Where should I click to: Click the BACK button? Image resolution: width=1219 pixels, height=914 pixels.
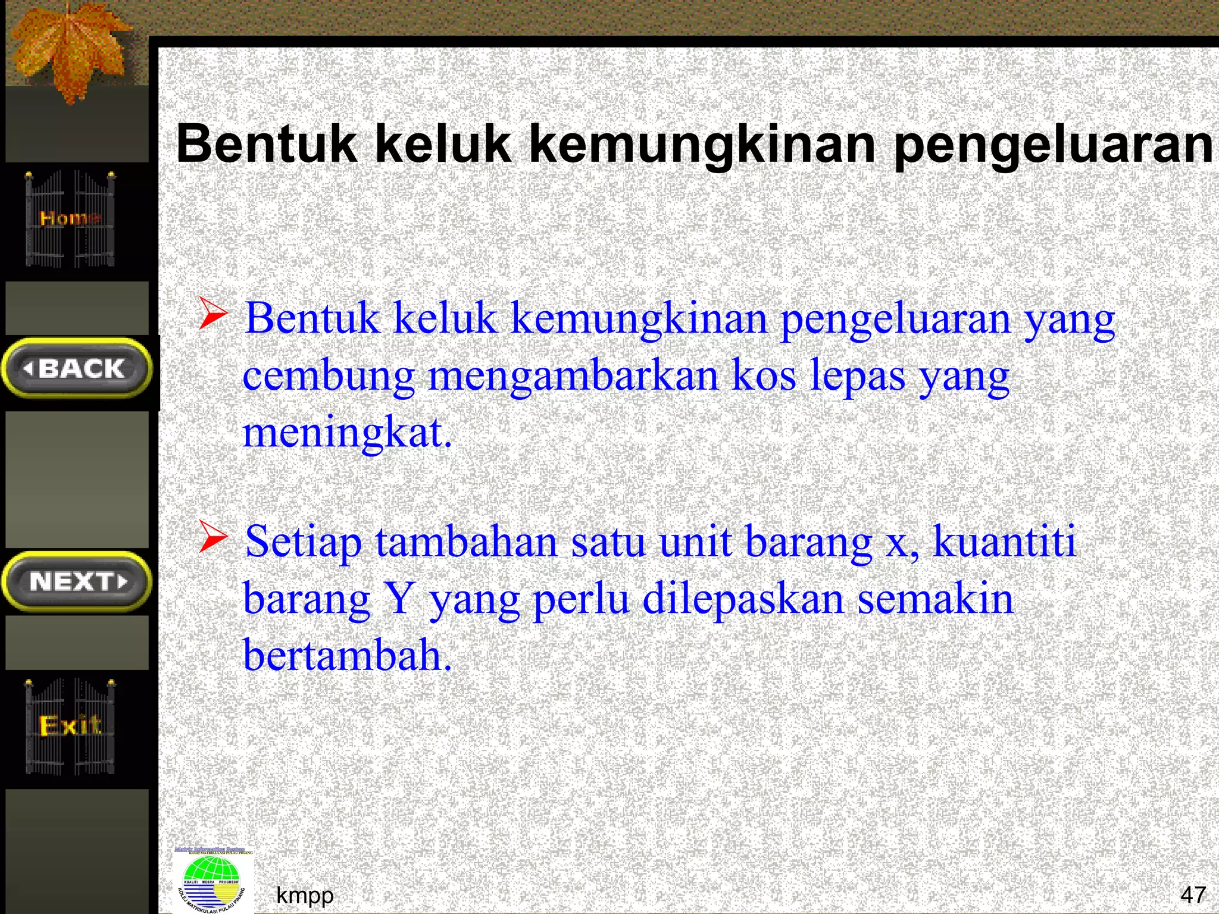(77, 368)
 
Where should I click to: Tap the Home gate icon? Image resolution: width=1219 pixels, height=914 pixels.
(70, 218)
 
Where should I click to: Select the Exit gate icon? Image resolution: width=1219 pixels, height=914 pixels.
(70, 726)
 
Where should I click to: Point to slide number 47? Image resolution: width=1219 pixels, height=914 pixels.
(1193, 894)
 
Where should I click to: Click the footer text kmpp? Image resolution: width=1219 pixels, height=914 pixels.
(305, 895)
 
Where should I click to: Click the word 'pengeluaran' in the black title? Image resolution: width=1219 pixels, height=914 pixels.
(1052, 145)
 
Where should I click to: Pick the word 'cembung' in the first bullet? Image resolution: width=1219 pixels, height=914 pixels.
(328, 377)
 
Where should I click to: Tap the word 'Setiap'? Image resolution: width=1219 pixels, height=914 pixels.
(303, 542)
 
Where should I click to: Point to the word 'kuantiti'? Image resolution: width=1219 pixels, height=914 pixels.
(1004, 541)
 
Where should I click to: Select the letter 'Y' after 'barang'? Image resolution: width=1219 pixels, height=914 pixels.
(399, 599)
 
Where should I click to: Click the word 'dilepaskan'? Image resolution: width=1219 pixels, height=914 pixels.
(743, 599)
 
